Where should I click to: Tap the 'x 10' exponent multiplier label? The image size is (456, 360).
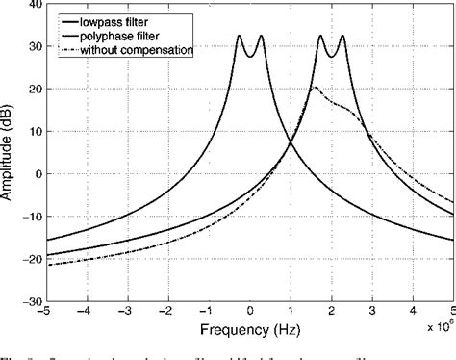click(436, 328)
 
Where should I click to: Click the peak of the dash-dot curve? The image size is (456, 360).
click(315, 88)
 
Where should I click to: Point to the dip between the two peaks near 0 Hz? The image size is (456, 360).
click(250, 58)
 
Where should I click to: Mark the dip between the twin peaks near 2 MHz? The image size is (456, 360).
click(332, 58)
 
